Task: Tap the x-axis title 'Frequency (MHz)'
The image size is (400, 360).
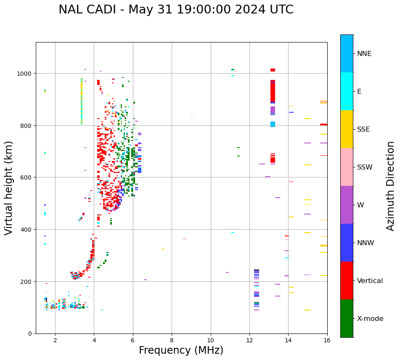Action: [181, 350]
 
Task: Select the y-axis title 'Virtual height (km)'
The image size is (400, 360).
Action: [9, 188]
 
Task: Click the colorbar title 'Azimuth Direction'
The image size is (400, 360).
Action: [391, 186]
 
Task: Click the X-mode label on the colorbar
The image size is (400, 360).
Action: [370, 319]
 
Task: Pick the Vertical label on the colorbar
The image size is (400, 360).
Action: [370, 281]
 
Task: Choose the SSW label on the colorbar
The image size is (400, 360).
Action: [365, 167]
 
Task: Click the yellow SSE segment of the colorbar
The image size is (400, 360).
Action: [347, 129]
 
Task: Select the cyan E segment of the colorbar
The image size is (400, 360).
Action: [347, 91]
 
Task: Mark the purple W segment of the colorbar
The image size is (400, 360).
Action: [347, 205]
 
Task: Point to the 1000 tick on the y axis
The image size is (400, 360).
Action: [25, 74]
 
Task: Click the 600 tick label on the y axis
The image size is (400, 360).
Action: [26, 177]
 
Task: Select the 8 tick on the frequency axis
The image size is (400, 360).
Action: [172, 340]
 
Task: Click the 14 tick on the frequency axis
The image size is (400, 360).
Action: [288, 340]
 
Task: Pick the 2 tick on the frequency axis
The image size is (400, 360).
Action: [55, 340]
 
